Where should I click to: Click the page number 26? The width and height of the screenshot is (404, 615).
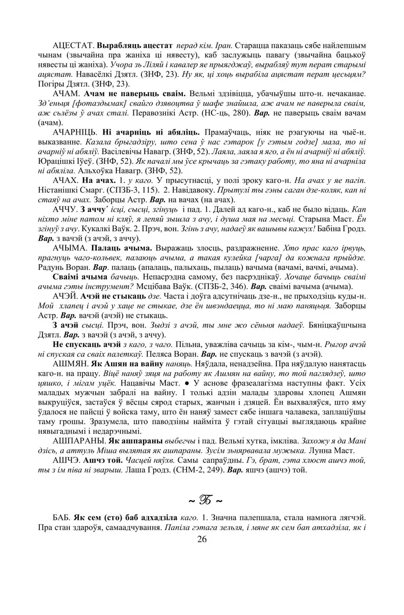tap(201, 539)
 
